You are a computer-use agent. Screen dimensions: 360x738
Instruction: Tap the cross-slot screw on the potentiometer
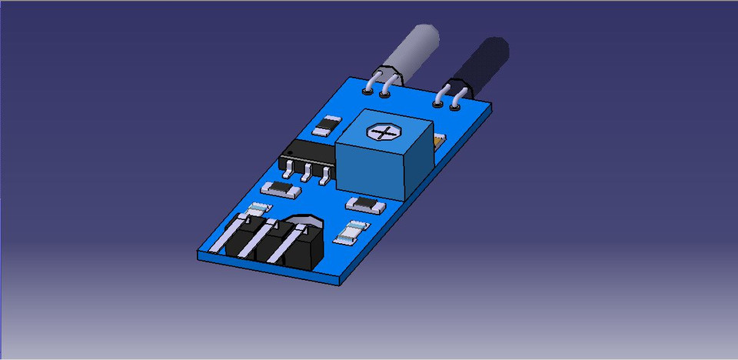tap(382, 132)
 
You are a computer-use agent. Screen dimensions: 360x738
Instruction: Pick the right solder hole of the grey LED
tap(384, 95)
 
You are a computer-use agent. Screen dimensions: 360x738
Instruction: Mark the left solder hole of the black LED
tap(438, 102)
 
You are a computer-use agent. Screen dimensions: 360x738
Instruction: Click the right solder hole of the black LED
tap(455, 105)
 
